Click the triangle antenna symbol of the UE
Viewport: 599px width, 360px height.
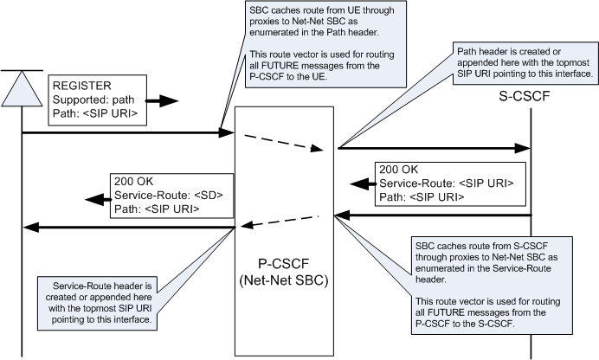(x=22, y=84)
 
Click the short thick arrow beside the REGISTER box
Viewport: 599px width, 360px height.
(x=163, y=101)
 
